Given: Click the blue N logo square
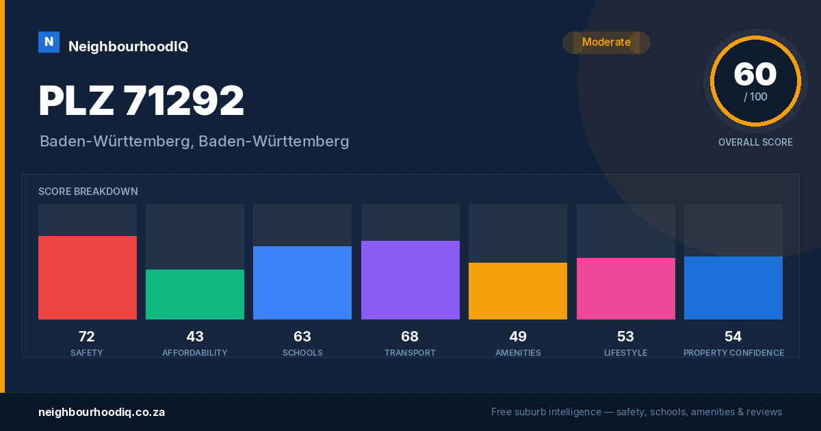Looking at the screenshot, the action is [x=49, y=42].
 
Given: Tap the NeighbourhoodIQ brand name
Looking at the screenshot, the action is [x=129, y=47].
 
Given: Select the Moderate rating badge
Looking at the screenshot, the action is [x=606, y=42].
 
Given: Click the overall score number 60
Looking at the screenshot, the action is [x=755, y=74].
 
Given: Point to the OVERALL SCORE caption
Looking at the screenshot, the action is [x=755, y=142].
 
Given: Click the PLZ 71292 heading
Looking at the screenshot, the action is [x=141, y=100].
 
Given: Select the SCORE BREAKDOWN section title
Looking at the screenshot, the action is [x=88, y=192].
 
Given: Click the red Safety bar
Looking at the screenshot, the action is [x=88, y=278].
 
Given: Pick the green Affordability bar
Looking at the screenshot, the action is [x=195, y=294].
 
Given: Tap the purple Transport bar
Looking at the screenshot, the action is [x=410, y=280].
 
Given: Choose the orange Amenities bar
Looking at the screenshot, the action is [x=518, y=291].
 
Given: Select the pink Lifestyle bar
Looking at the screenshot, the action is [x=625, y=289].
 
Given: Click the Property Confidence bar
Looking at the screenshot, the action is [x=733, y=288].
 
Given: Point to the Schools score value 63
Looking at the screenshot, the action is [x=302, y=337].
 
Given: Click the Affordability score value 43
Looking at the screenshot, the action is [x=195, y=337].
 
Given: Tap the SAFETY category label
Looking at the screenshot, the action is [x=86, y=352].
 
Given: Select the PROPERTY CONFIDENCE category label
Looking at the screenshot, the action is [x=733, y=352].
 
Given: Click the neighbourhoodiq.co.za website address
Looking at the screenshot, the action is [x=101, y=412].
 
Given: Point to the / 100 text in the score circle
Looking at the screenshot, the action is [x=755, y=96].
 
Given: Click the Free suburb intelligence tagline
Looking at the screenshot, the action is [x=637, y=412].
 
